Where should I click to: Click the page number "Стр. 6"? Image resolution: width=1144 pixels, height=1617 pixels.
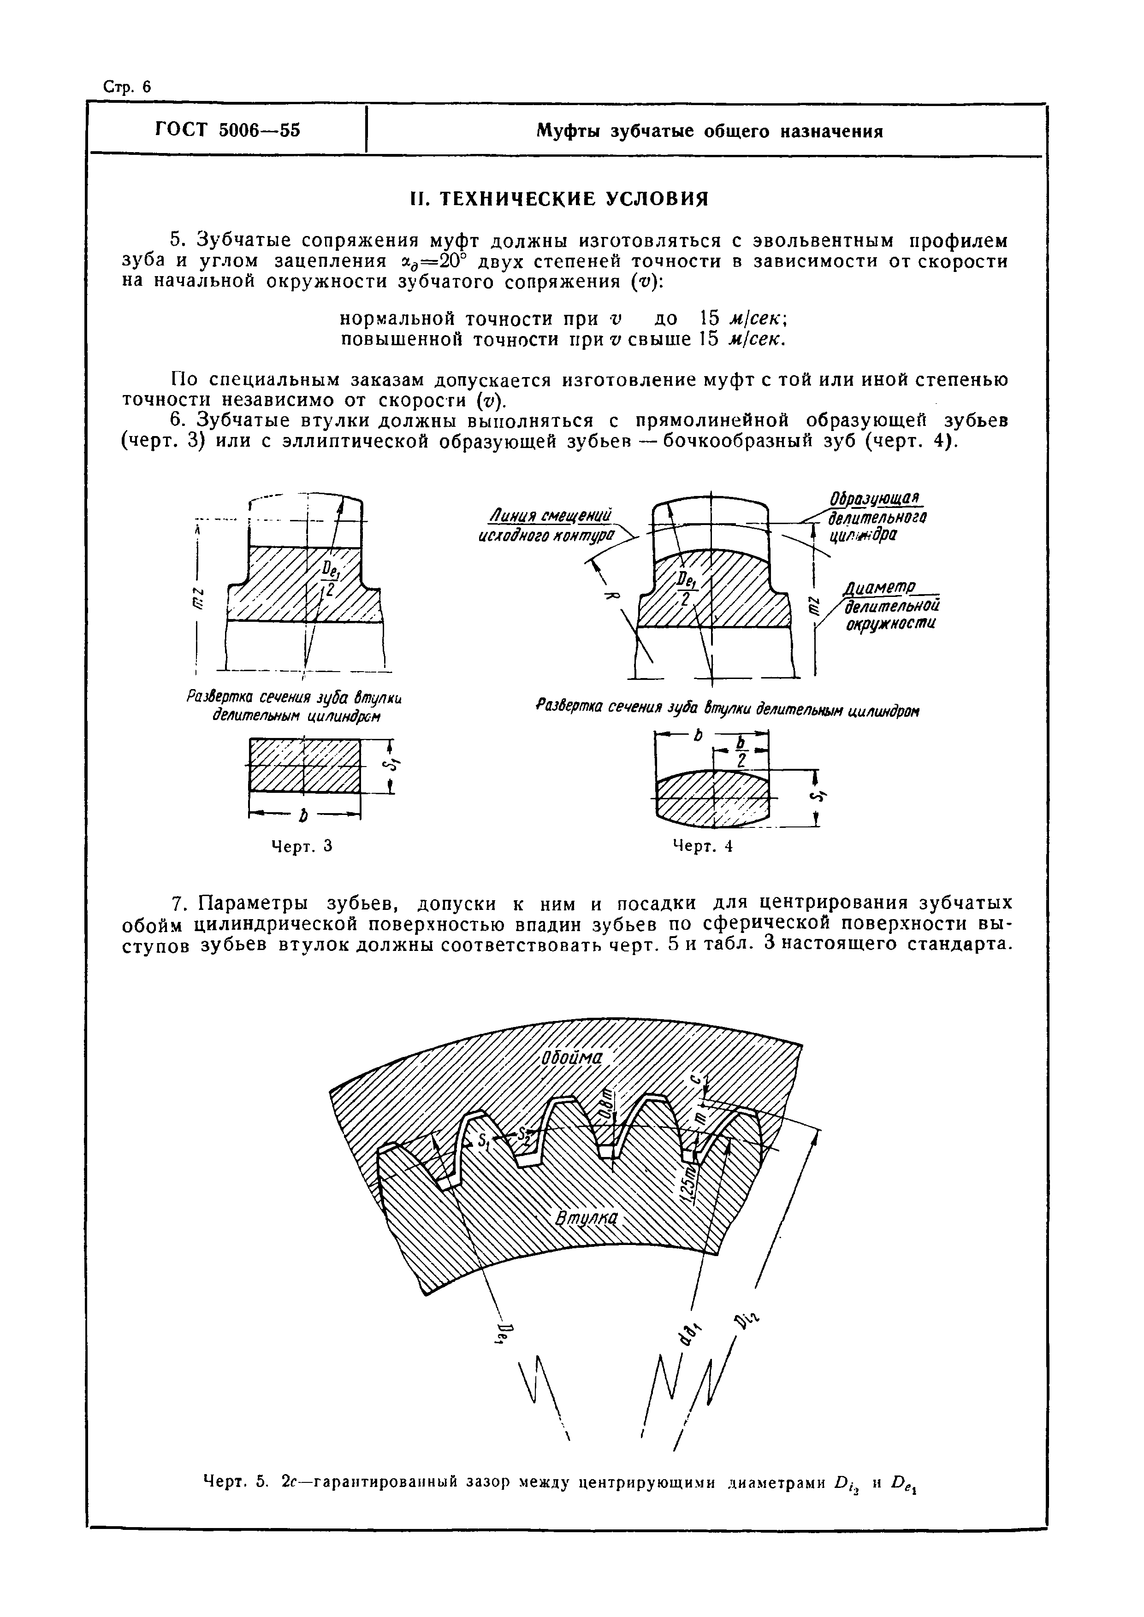click(x=127, y=87)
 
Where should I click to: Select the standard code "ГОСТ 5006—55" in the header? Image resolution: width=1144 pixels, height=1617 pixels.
click(x=227, y=130)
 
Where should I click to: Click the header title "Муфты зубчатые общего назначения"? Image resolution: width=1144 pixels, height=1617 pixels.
click(x=709, y=132)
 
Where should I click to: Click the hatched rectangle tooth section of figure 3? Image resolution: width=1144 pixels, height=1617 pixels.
click(x=304, y=766)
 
